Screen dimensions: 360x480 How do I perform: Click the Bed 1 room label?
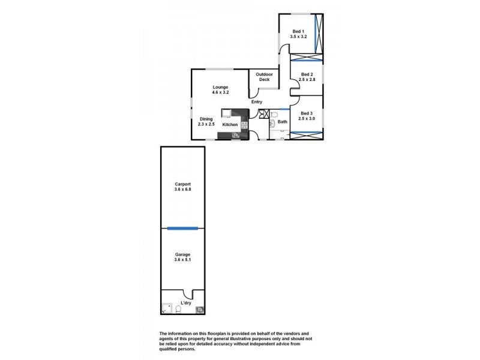pos(298,31)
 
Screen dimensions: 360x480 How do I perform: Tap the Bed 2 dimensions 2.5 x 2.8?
pos(307,80)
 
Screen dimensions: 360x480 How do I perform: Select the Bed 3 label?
pos(307,113)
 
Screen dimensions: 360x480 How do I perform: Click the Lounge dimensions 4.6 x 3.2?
pos(220,93)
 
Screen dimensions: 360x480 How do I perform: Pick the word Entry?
pos(257,102)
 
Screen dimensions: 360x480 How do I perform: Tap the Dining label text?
pos(206,119)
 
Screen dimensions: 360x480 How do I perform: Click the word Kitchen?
pos(230,125)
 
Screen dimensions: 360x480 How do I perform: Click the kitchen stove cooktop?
pos(244,125)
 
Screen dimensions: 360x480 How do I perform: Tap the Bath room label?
pos(282,122)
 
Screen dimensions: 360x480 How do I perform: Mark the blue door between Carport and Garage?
pos(182,228)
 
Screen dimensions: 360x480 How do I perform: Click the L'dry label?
pos(187,302)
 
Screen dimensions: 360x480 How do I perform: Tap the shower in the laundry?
pos(167,310)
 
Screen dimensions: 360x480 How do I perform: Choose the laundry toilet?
pos(179,310)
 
